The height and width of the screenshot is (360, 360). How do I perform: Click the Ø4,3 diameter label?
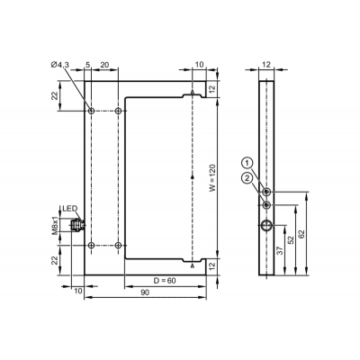point(60,64)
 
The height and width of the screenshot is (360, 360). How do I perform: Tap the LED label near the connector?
point(70,208)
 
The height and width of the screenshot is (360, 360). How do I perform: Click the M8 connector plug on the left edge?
point(77,225)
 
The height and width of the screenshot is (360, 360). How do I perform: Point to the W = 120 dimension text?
point(212,177)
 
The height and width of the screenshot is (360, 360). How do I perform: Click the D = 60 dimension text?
point(165,281)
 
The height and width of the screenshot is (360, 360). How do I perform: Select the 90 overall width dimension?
point(145,292)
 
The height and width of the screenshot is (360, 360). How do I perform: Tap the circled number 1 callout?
point(247,163)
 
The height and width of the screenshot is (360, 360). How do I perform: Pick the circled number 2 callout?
point(247,178)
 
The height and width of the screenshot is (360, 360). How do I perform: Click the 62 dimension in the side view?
point(301,234)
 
